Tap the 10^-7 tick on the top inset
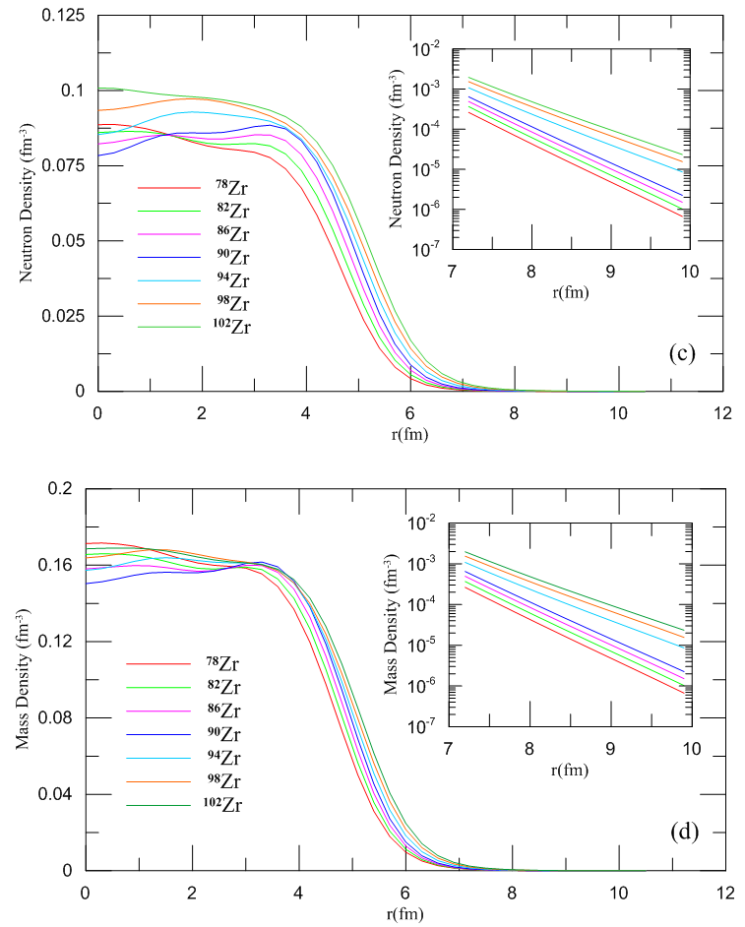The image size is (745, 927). tap(426, 250)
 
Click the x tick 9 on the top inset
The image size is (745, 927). tap(610, 271)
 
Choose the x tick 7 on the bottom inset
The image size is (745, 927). tap(449, 748)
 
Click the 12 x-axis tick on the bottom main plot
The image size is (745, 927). tap(725, 894)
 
